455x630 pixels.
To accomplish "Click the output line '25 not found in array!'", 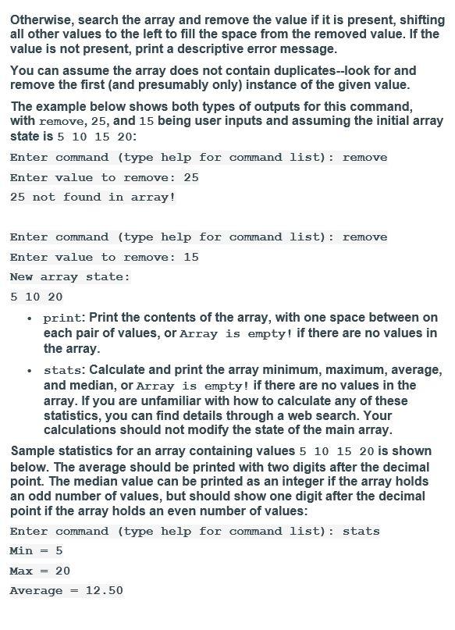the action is coord(93,198).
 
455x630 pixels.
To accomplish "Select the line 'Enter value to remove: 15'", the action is coord(105,257).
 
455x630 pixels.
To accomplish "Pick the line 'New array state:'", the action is coord(70,277).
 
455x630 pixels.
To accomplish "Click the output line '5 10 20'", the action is coord(36,297).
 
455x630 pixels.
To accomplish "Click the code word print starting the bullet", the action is coord(62,319).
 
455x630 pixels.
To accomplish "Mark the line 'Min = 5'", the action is coord(36,550).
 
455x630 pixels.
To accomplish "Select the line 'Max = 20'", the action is coord(40,571).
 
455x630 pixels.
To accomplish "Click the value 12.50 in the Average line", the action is coord(104,591).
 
